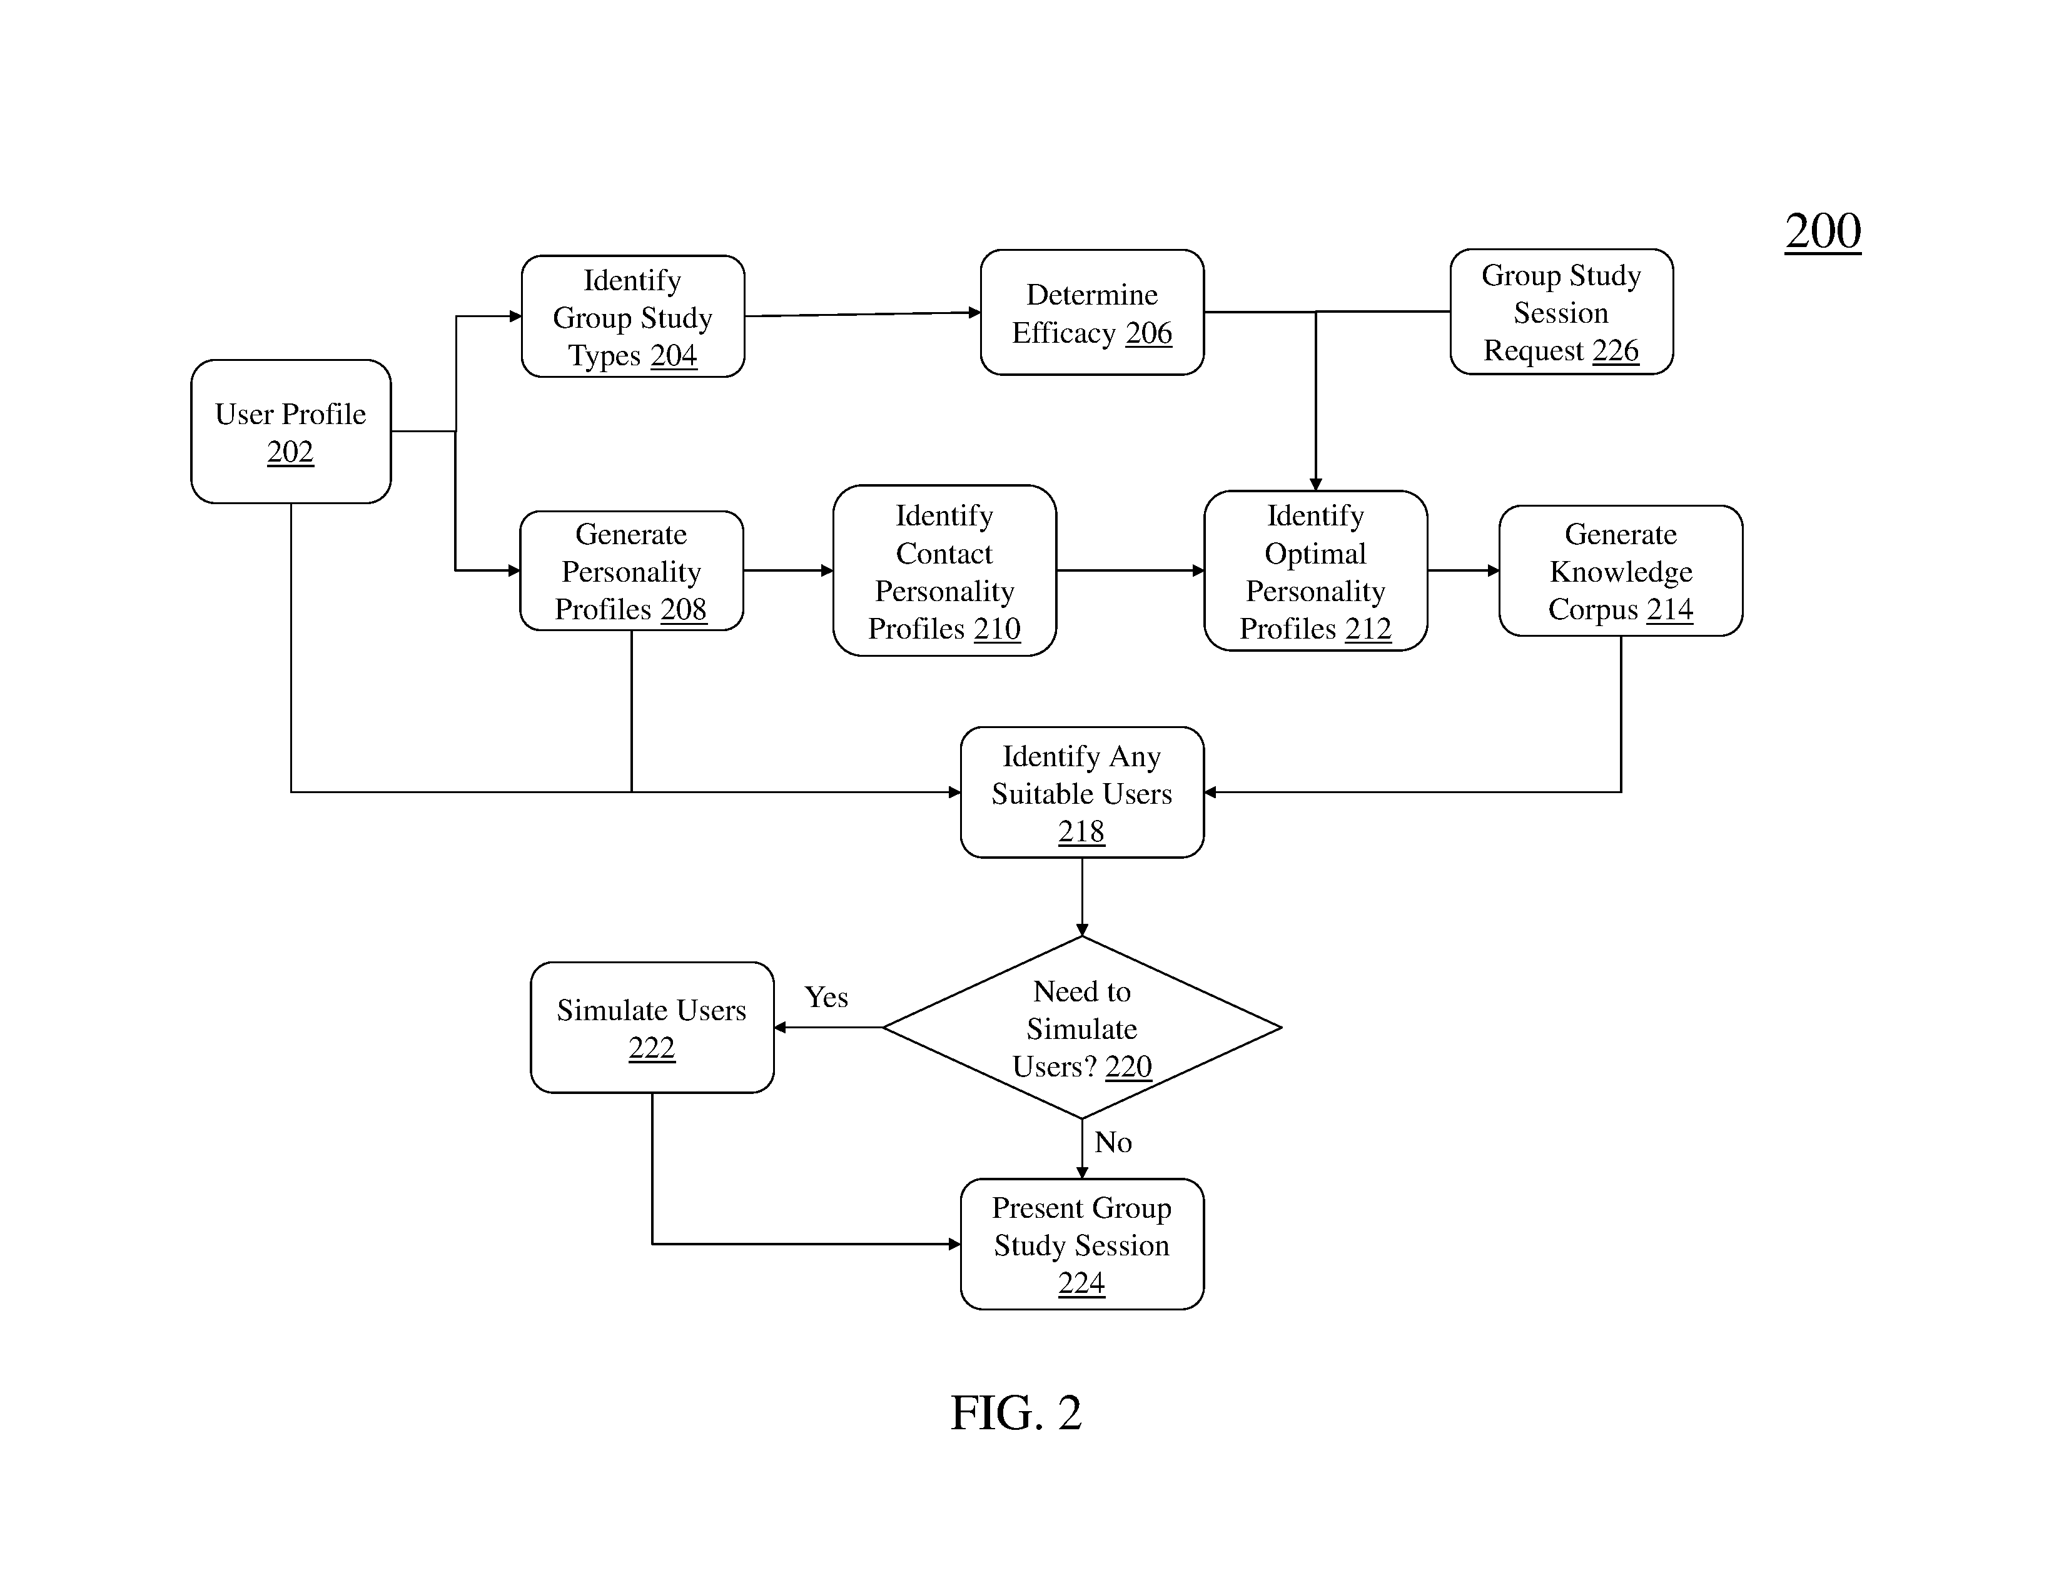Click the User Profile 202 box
coord(291,431)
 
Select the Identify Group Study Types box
coord(633,316)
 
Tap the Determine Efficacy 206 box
coord(1093,313)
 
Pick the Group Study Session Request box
coord(1561,312)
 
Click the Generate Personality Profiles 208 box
coord(631,570)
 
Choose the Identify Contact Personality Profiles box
coord(944,570)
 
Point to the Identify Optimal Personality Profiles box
coord(1315,570)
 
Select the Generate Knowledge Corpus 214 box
coord(1621,570)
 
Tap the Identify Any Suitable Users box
coord(1082,792)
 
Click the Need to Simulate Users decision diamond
coord(1082,1027)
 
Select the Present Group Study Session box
coord(1082,1245)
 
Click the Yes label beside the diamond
coord(826,997)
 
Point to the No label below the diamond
coord(1113,1142)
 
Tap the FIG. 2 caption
coord(1016,1412)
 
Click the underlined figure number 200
coord(1823,231)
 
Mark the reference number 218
coord(1081,831)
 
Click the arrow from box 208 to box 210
coord(788,570)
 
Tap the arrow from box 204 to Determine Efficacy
coord(863,314)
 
